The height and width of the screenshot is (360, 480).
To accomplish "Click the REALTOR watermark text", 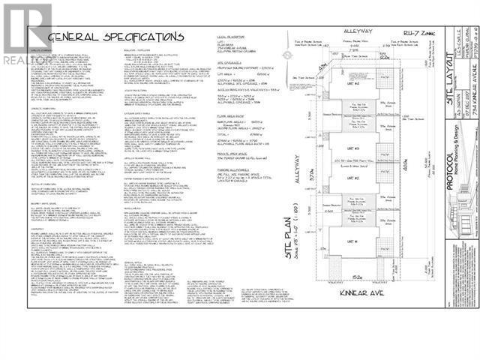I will [x=22, y=54].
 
